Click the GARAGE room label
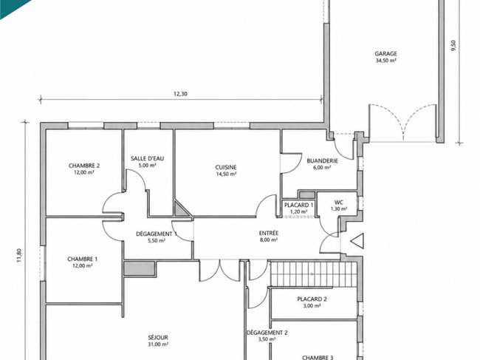[x=385, y=54]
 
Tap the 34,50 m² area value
[x=385, y=61]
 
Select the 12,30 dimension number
[x=180, y=94]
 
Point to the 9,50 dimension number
[x=453, y=46]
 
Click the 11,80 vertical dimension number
[x=19, y=255]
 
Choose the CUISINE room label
[x=226, y=167]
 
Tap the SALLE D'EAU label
[x=147, y=158]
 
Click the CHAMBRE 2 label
[x=84, y=166]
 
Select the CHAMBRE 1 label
[x=83, y=259]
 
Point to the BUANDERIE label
[x=323, y=160]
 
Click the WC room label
[x=339, y=203]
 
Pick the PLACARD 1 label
[x=299, y=205]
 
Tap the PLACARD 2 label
[x=312, y=299]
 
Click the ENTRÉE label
[x=269, y=233]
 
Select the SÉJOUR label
[x=158, y=337]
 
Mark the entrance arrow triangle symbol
[x=358, y=241]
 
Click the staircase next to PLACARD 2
[x=314, y=274]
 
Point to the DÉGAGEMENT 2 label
[x=267, y=333]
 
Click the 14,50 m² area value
[x=226, y=174]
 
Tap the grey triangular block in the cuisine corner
[x=181, y=208]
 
